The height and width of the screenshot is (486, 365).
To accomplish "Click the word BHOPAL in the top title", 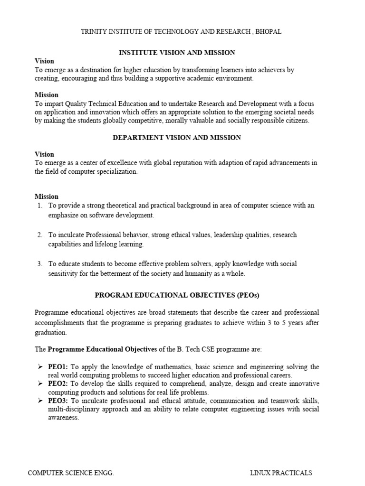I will click(268, 32).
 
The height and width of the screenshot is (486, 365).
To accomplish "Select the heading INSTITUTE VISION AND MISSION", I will click(176, 53).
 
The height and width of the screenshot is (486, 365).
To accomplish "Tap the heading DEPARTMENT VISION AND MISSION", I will click(176, 138).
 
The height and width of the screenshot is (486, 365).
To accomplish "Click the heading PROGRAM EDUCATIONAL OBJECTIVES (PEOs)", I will click(177, 295).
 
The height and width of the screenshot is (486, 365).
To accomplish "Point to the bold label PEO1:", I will click(58, 367).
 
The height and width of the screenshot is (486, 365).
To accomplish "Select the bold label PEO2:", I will click(58, 383).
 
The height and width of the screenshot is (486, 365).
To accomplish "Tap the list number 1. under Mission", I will click(40, 206).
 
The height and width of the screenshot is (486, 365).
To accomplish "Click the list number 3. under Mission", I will click(40, 264).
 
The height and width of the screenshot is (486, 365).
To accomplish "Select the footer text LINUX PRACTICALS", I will click(281, 473).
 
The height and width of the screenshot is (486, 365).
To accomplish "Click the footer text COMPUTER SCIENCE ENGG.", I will click(71, 473).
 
